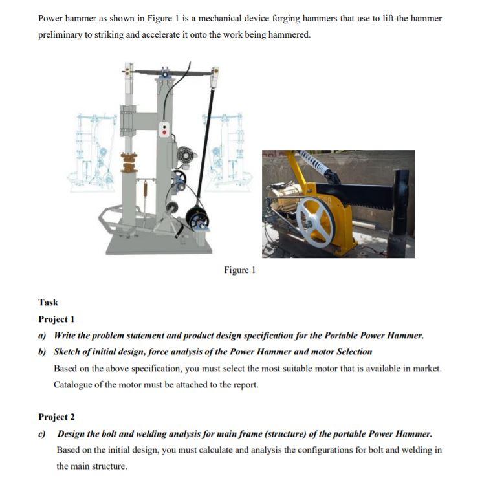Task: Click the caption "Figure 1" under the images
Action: (239, 270)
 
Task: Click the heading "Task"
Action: (48, 302)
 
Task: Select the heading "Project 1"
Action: (56, 319)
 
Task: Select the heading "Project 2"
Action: (56, 417)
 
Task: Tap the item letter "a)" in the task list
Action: (43, 336)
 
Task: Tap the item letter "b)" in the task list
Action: (43, 352)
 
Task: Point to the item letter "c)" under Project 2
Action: (43, 433)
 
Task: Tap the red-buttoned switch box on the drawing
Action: (166, 129)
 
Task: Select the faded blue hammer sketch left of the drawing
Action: (91, 152)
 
